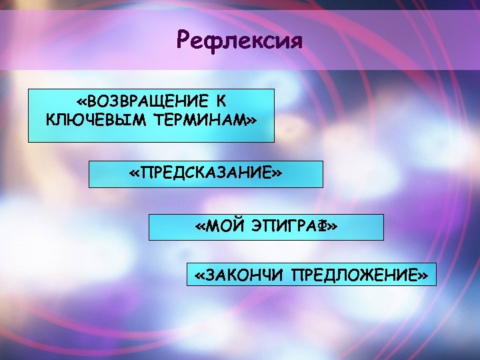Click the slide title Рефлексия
[x=239, y=41]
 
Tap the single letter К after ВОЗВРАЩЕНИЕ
[x=221, y=101]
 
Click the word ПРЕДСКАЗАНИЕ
[x=205, y=173]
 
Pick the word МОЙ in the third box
[x=228, y=227]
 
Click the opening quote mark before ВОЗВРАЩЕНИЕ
[x=82, y=102]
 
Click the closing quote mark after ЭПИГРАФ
[x=331, y=228]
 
